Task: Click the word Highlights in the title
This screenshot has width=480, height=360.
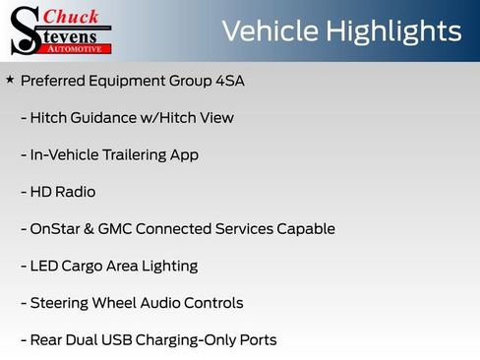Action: click(x=390, y=30)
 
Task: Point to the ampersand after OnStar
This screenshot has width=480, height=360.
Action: click(x=89, y=229)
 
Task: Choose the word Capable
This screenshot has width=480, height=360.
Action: click(x=305, y=229)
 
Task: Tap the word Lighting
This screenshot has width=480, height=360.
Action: click(x=168, y=266)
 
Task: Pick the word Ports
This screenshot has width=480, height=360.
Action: click(x=255, y=340)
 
